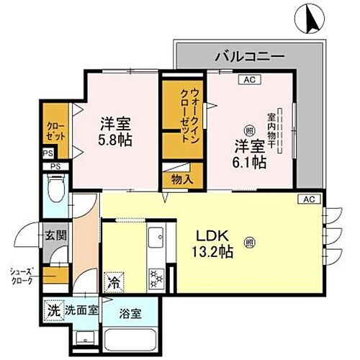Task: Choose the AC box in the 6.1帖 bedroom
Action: pyautogui.click(x=249, y=80)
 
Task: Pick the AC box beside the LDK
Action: pyautogui.click(x=309, y=199)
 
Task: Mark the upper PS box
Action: pyautogui.click(x=48, y=153)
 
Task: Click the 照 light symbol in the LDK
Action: pyautogui.click(x=249, y=240)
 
